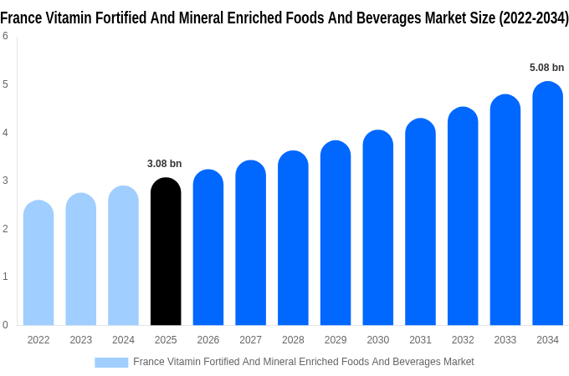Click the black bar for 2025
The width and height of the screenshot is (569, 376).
(166, 252)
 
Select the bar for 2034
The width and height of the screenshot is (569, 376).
(547, 204)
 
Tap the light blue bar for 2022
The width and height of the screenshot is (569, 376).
(38, 263)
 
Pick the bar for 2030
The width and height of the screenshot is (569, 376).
(377, 228)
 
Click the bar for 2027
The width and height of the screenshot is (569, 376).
(250, 243)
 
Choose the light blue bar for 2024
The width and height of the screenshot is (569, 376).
(123, 256)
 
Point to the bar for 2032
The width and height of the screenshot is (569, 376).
(463, 216)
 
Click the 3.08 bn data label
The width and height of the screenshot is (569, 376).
(164, 164)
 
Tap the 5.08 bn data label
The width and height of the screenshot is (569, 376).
(546, 68)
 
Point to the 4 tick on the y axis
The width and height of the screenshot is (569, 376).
(6, 132)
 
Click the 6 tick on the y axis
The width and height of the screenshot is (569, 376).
(6, 36)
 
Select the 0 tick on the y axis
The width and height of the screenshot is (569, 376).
(6, 324)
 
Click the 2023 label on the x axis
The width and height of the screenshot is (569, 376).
(81, 340)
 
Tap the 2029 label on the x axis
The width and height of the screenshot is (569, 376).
(336, 340)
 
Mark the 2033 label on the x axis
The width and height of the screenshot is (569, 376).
(505, 340)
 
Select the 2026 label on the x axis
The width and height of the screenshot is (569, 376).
(208, 340)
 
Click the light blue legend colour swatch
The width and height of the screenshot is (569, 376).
(111, 362)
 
